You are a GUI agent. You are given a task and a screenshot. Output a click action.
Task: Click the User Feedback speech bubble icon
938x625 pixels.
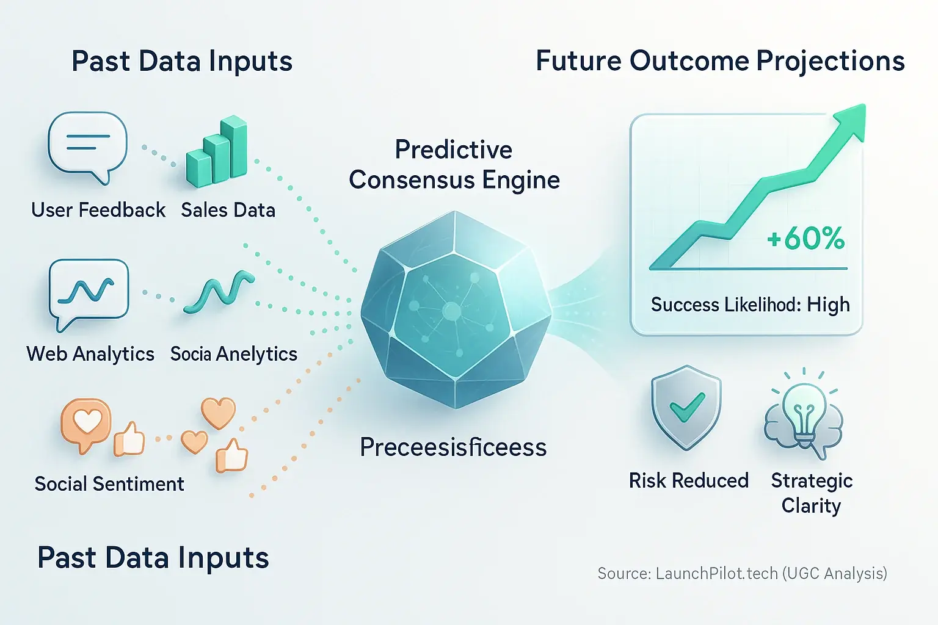87,145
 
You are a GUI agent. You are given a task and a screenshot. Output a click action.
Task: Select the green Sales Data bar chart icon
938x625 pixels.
217,151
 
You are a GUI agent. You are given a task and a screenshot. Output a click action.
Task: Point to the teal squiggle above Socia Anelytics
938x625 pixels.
219,292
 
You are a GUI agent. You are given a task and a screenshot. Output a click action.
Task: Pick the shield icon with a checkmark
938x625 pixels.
686,407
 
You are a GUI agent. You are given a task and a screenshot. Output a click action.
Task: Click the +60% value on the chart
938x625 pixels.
806,239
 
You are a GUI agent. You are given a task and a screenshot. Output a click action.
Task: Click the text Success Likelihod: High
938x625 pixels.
750,304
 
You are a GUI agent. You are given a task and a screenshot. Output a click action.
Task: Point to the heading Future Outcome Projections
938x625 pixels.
720,61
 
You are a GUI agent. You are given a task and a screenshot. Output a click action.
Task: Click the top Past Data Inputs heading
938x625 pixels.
182,62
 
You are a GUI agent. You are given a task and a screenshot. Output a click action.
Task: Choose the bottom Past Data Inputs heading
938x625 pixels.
153,558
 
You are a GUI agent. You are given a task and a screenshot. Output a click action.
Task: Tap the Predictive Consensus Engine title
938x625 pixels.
454,165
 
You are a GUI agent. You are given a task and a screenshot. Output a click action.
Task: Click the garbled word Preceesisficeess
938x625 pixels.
453,447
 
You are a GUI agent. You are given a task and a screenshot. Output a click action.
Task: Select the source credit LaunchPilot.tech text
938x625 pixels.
742,573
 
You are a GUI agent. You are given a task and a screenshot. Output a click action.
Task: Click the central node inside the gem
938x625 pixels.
451,311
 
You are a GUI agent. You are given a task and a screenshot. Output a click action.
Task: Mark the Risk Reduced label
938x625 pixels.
688,481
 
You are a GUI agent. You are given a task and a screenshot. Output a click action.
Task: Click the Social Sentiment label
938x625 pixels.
109,484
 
